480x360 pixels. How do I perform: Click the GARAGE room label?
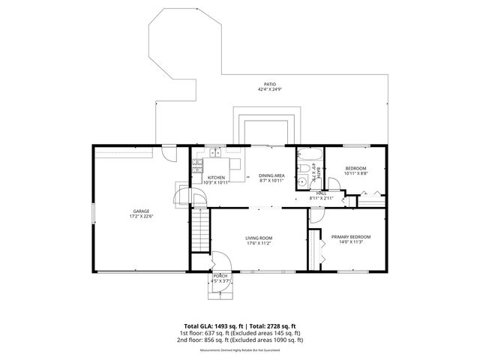click(x=142, y=211)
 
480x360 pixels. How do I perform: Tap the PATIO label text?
click(x=269, y=84)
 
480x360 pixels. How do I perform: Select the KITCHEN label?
click(x=216, y=178)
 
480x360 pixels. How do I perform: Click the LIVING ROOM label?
click(x=258, y=238)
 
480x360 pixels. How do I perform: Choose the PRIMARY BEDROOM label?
click(x=351, y=237)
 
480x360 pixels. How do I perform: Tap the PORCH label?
click(x=220, y=276)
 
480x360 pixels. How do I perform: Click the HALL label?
click(x=321, y=193)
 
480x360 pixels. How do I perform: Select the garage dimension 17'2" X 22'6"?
click(x=142, y=217)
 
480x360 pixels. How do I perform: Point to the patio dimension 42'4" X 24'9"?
click(x=269, y=89)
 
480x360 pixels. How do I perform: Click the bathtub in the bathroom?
click(x=310, y=157)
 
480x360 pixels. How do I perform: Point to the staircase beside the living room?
click(x=199, y=231)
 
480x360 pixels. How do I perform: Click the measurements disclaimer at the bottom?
click(x=239, y=349)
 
